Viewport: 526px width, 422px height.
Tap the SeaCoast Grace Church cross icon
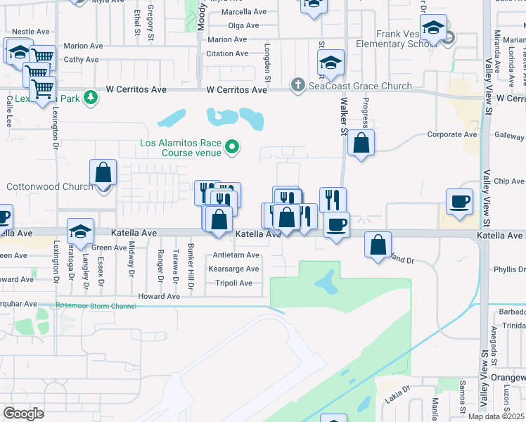point(298,86)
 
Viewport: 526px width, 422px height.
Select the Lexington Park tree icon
point(90,97)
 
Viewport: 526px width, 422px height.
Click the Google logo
point(24,414)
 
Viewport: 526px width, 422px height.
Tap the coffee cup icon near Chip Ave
point(460,201)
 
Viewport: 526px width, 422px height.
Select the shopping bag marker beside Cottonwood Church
point(103,173)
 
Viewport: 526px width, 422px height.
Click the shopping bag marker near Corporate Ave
point(361,143)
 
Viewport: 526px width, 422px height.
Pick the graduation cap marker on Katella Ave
point(81,232)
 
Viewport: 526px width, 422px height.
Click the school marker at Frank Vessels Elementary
point(433,31)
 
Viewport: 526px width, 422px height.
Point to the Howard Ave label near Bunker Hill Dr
point(159,297)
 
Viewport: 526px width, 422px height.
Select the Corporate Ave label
point(453,134)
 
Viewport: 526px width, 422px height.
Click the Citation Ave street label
point(226,53)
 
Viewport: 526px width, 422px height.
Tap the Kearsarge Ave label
point(233,269)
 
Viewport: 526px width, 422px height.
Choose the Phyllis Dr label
point(509,269)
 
